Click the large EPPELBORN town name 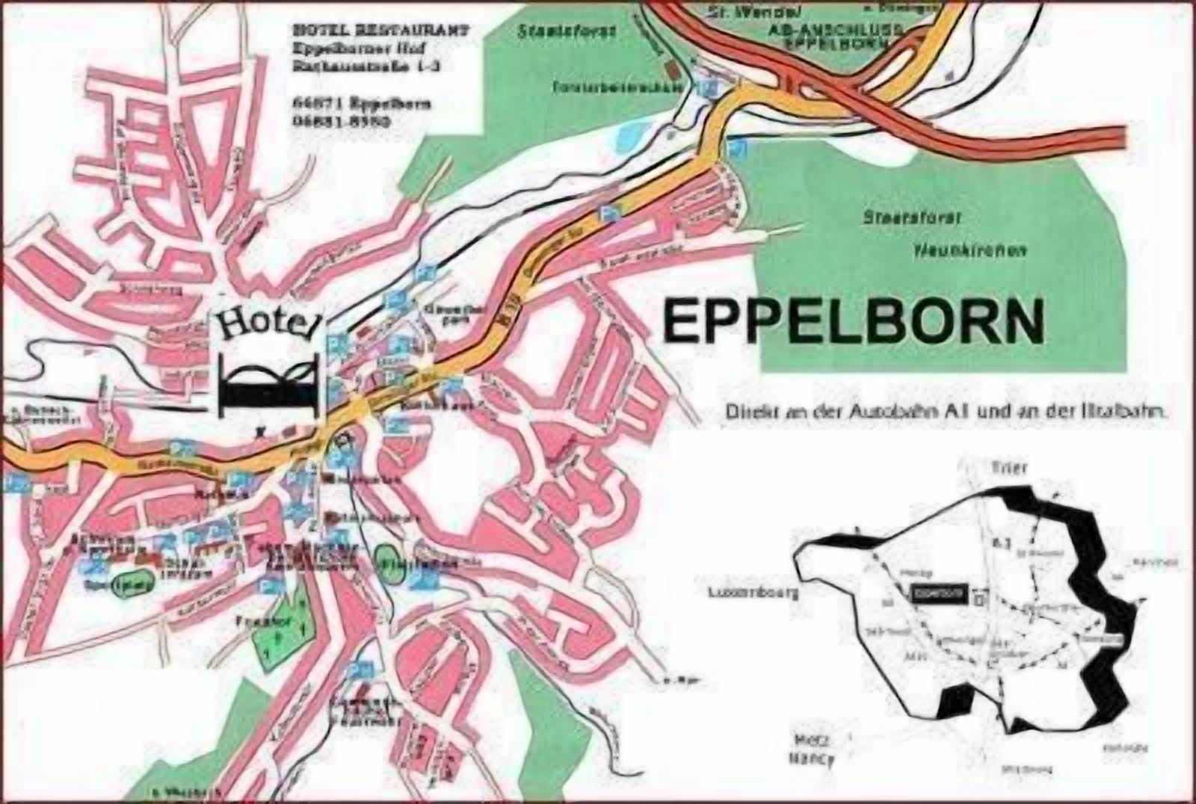click(853, 321)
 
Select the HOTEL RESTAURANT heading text click(381, 31)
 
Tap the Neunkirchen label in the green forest click(970, 251)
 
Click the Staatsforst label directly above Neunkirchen click(911, 218)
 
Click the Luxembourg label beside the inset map click(753, 593)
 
